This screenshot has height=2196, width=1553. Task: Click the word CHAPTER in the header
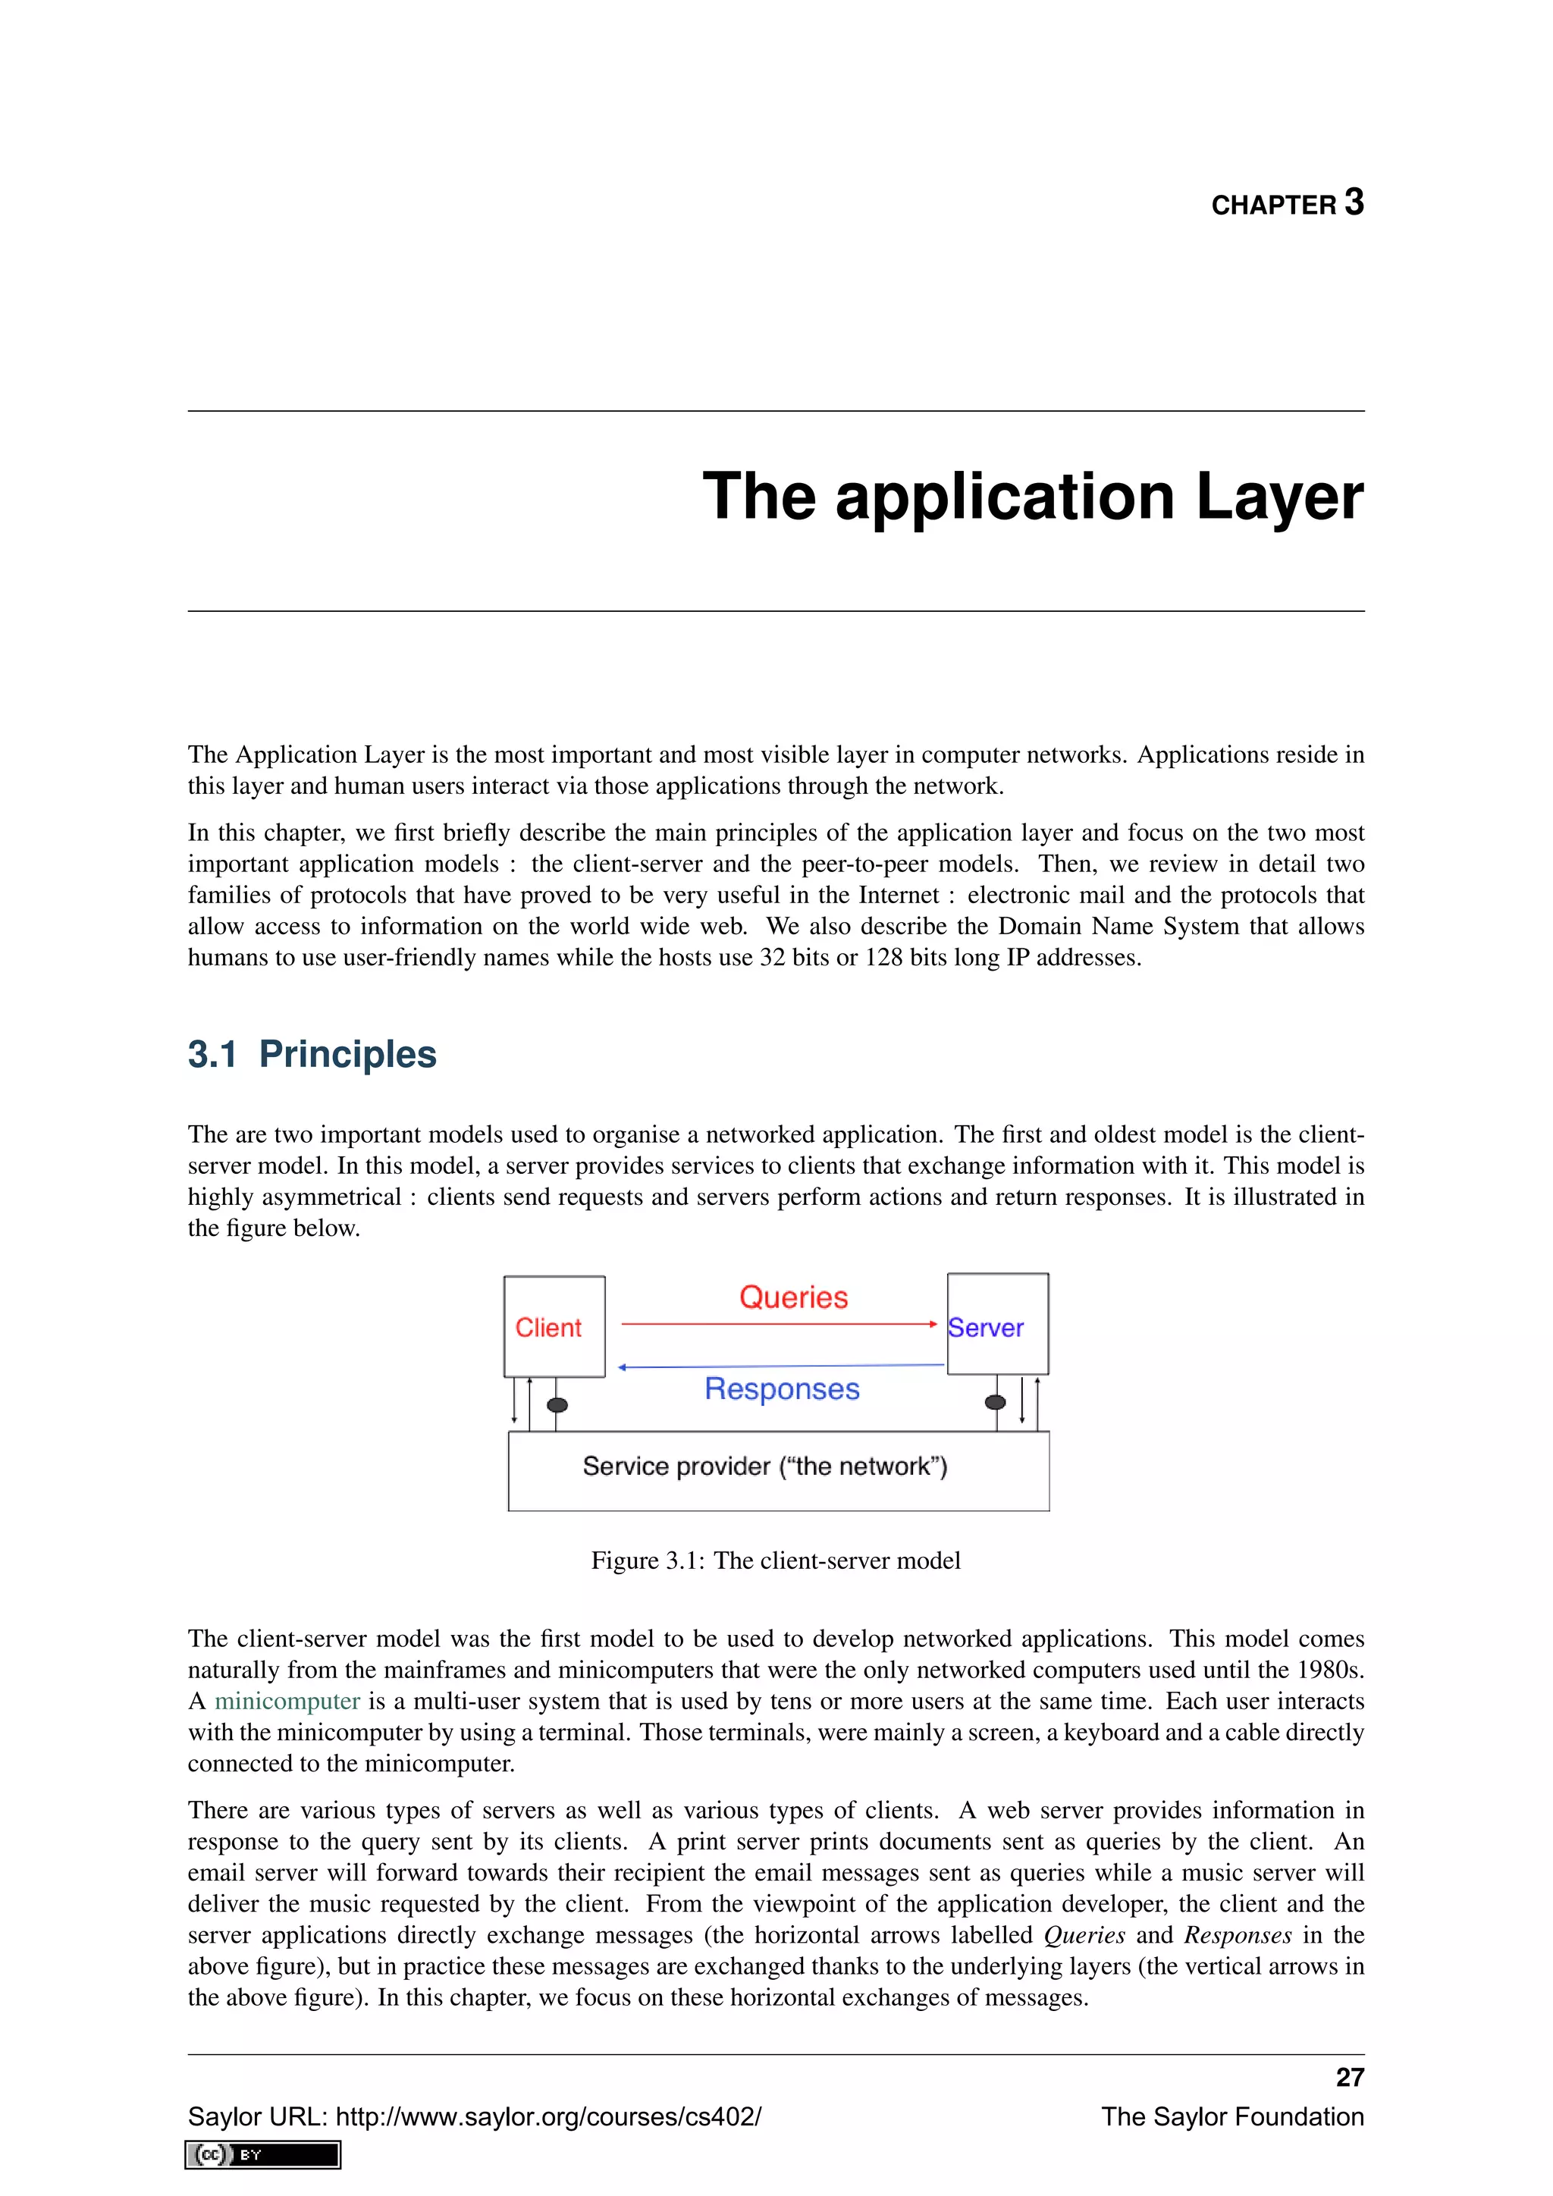point(1273,205)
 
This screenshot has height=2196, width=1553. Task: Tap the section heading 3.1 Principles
point(312,1054)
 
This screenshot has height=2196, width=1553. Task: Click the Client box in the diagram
point(554,1326)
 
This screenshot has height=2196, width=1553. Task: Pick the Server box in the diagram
point(997,1325)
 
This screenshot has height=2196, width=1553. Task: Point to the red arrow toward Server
point(780,1324)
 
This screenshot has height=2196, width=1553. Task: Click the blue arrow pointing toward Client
point(780,1366)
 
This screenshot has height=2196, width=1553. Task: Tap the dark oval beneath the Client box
point(557,1405)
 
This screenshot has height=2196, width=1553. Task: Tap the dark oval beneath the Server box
point(995,1402)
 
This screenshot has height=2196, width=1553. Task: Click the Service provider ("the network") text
point(764,1467)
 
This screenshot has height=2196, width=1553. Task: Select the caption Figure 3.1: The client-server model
point(776,1560)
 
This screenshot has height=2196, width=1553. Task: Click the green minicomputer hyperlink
point(287,1701)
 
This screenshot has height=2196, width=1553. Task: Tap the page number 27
point(1349,2078)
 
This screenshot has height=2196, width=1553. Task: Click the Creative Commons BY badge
point(263,2155)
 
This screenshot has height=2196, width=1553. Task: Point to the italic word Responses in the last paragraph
point(1238,1935)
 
